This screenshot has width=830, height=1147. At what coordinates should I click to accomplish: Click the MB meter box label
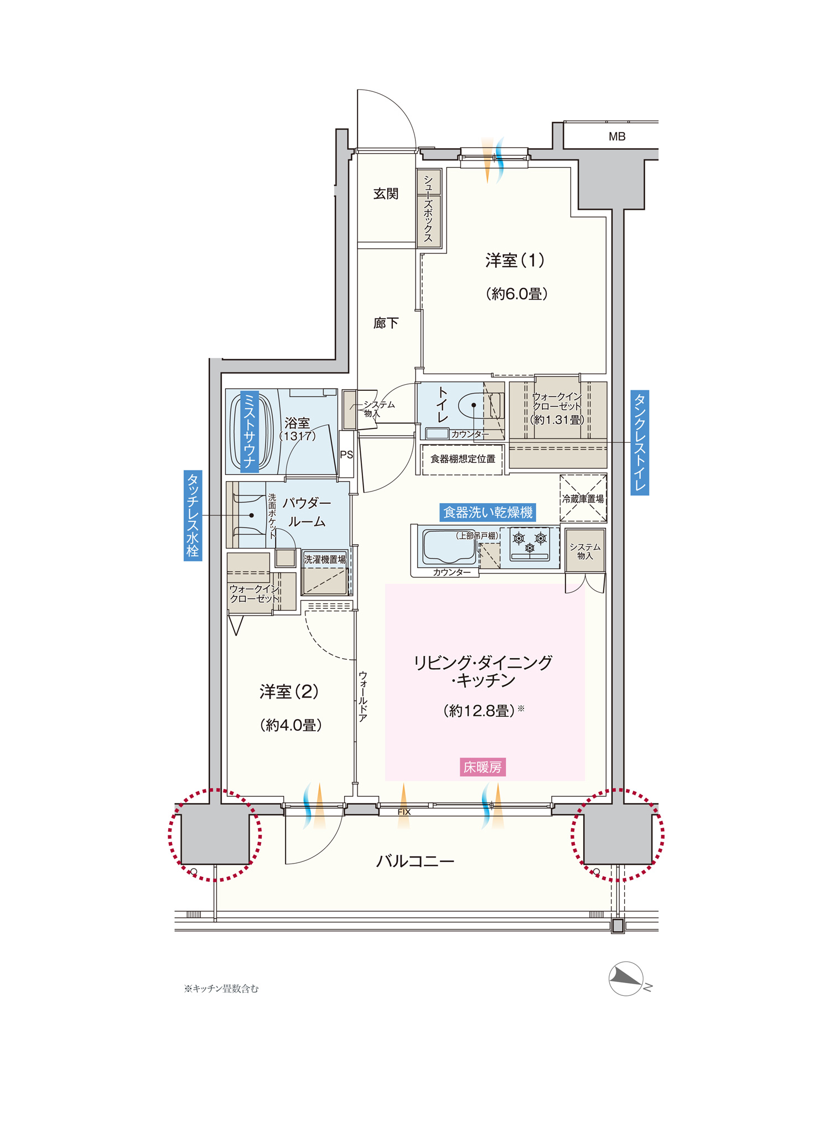(617, 137)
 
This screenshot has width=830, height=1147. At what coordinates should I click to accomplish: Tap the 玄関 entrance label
(386, 194)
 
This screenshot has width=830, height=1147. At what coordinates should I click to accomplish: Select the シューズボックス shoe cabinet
(429, 208)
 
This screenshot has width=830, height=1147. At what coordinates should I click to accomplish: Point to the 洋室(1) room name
(515, 260)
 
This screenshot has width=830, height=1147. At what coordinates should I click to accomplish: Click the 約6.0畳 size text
(517, 294)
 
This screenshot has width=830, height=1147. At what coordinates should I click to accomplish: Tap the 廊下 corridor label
(386, 323)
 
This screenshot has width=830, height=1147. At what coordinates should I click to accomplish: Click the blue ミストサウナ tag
(250, 431)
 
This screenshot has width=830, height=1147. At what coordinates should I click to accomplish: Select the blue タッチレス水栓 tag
(193, 516)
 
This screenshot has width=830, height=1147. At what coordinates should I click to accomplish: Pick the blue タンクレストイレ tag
(640, 442)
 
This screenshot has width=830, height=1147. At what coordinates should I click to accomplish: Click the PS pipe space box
(346, 454)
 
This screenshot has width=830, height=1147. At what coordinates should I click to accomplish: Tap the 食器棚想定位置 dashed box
(463, 459)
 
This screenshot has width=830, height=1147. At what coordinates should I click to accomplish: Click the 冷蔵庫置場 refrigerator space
(583, 498)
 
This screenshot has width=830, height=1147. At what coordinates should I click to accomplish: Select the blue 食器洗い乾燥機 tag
(488, 512)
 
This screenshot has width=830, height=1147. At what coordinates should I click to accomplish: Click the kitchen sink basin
(449, 546)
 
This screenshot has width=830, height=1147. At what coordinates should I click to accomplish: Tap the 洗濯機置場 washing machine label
(325, 560)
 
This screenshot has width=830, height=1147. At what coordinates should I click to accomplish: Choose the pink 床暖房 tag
(483, 767)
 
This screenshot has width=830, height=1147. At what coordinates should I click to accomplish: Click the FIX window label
(404, 812)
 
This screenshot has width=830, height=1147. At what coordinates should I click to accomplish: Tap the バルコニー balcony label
(416, 861)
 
